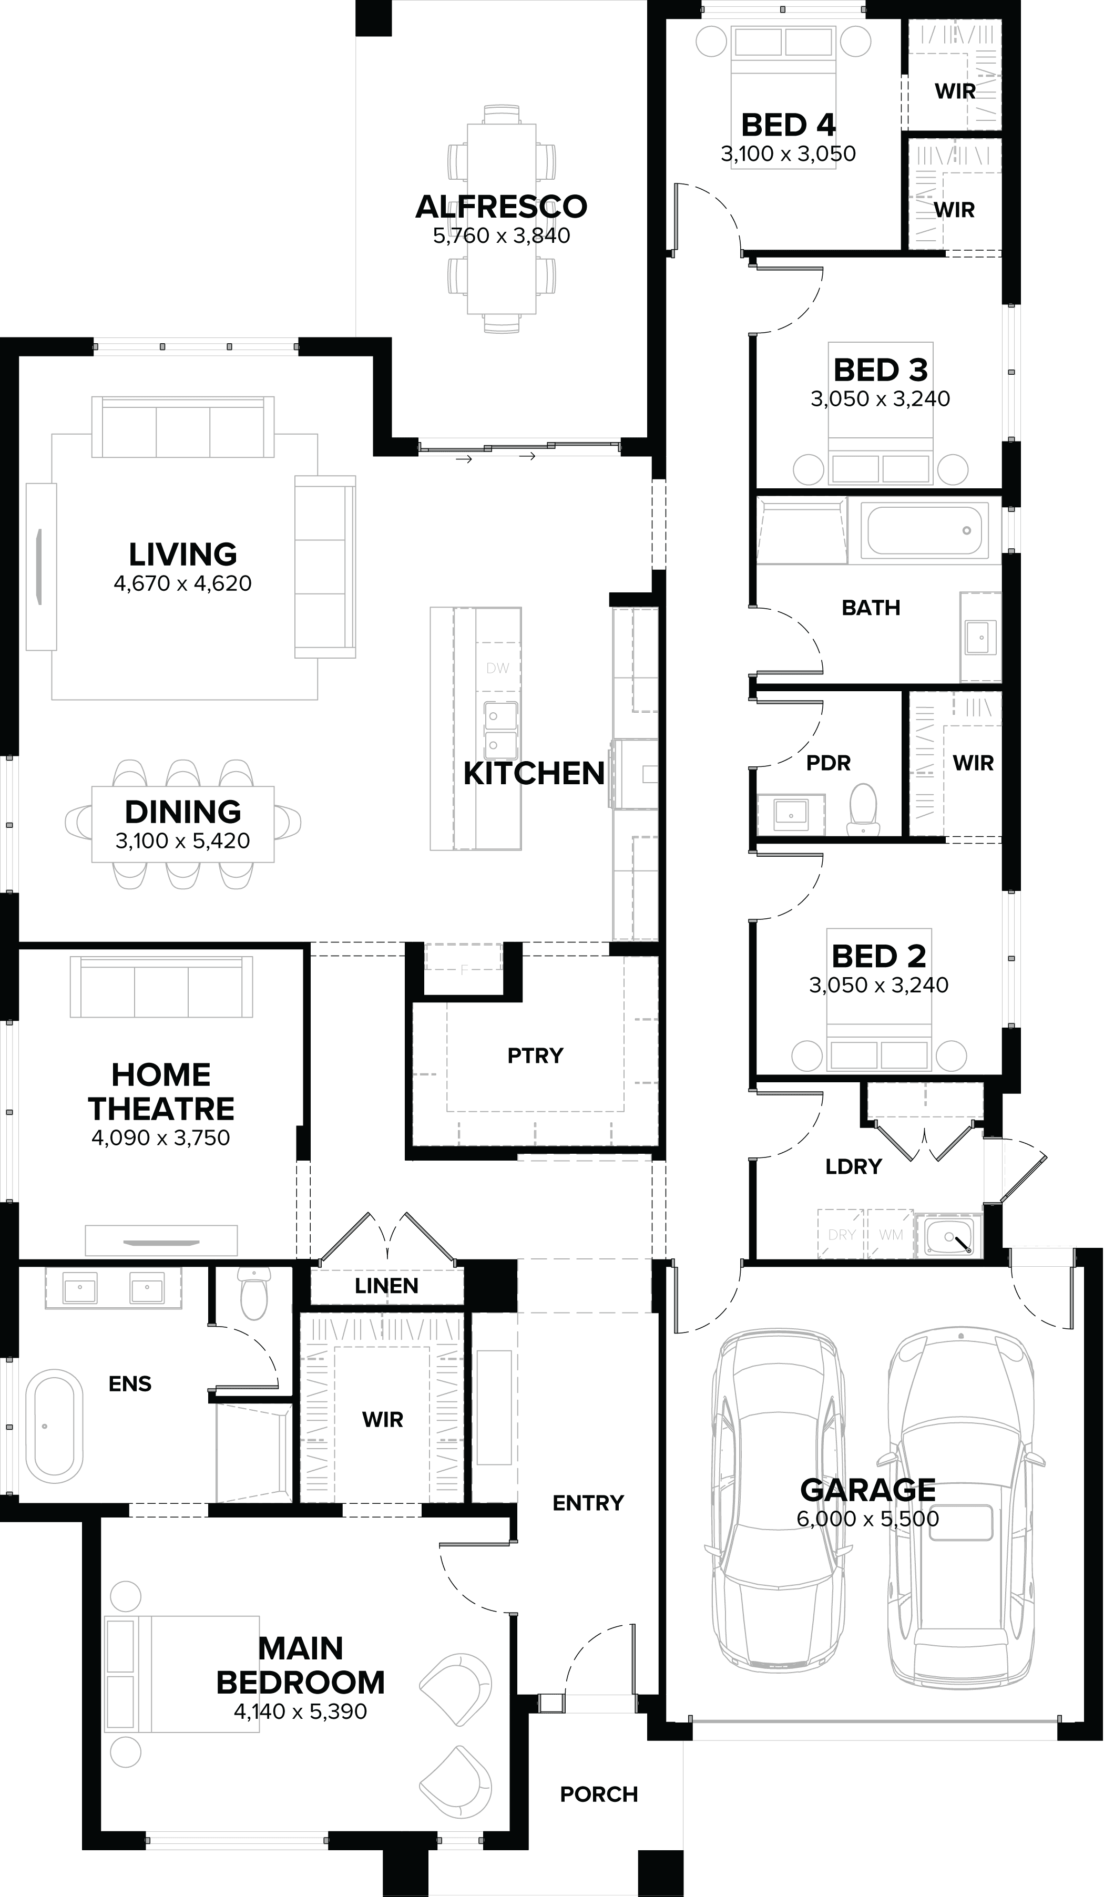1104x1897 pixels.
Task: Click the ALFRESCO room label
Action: tap(501, 206)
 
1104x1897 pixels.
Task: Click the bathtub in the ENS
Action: tap(54, 1426)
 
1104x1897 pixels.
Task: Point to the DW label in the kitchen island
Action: tap(498, 668)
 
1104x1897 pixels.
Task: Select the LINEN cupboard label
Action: tap(386, 1286)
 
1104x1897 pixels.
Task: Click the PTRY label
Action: tap(535, 1055)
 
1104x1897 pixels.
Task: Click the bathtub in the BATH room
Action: tap(924, 531)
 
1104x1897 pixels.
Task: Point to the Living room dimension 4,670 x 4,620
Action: tap(182, 583)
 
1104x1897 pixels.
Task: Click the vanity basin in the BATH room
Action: tap(980, 637)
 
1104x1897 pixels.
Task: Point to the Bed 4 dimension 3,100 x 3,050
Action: tap(788, 153)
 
